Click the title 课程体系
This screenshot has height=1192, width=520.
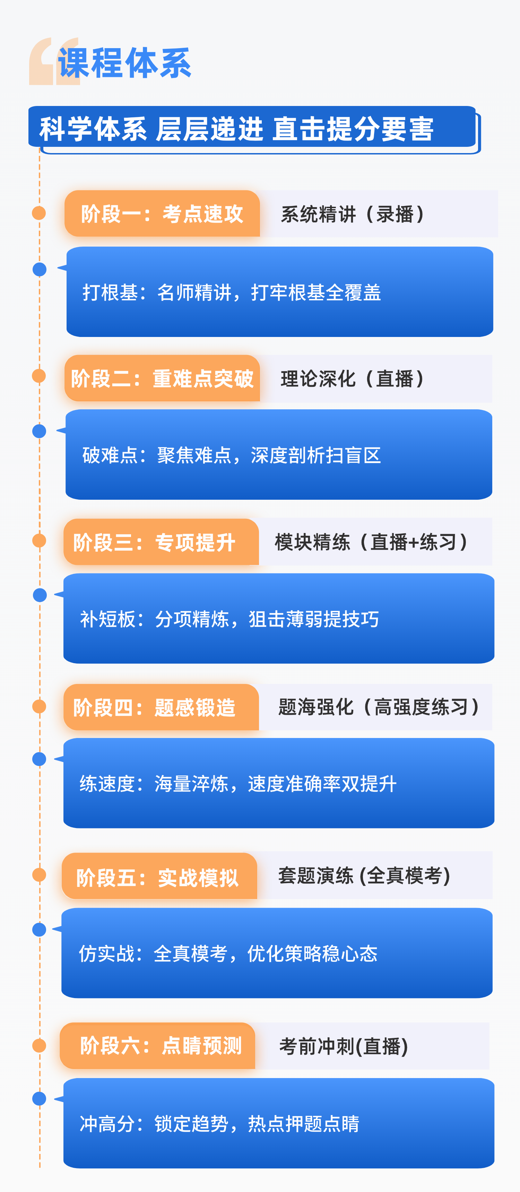tap(124, 63)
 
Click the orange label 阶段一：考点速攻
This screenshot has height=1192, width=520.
tap(162, 214)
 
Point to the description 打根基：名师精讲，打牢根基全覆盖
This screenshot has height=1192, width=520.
tap(232, 292)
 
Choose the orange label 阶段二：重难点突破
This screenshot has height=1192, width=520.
tap(162, 379)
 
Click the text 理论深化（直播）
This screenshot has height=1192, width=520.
tap(353, 379)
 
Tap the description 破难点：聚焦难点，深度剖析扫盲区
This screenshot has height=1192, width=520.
tap(232, 455)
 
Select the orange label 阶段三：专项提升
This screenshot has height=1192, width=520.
tap(155, 542)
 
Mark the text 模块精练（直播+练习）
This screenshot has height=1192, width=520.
tap(372, 542)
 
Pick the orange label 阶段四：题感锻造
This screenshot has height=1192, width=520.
tap(155, 708)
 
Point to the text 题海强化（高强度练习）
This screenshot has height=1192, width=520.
tap(379, 707)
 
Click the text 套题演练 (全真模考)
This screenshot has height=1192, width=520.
tap(364, 875)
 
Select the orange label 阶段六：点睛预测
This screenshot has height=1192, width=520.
tap(161, 1046)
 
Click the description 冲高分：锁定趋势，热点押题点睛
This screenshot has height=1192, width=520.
tap(219, 1123)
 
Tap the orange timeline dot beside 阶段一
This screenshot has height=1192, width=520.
tap(39, 213)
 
